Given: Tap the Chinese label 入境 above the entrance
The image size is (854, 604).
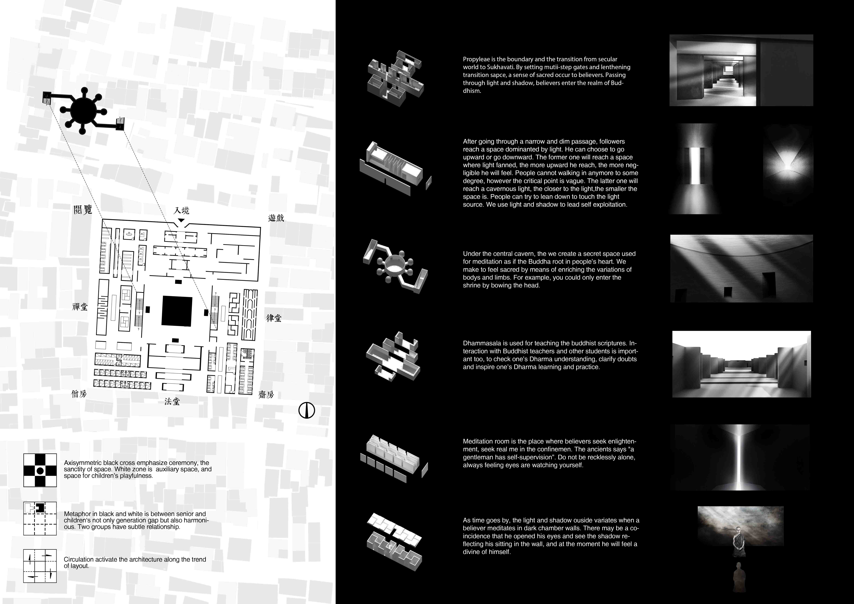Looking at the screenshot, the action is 182,211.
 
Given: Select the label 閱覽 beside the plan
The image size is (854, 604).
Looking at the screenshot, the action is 83,210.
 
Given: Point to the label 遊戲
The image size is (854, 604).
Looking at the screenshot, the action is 276,218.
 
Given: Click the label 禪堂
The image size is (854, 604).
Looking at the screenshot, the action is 80,307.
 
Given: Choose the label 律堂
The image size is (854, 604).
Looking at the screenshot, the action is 274,318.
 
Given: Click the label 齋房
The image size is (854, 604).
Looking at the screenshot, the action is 266,395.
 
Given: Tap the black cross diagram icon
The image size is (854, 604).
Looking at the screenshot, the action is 40,470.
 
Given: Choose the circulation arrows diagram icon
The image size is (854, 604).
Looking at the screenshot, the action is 40,566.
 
